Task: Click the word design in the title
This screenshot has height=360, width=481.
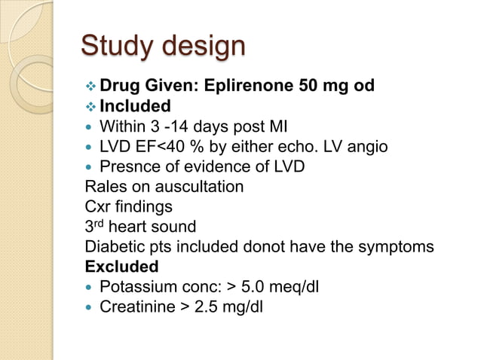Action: pos(199,46)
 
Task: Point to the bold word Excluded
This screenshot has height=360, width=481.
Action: pos(122,267)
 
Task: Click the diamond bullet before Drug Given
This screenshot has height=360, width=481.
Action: pos(90,86)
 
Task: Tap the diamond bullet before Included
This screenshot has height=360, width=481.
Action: pos(90,106)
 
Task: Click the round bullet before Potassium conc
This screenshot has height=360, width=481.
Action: pos(90,288)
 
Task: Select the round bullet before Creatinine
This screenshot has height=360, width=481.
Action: pos(90,308)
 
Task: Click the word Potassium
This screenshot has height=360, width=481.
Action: pos(135,287)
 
